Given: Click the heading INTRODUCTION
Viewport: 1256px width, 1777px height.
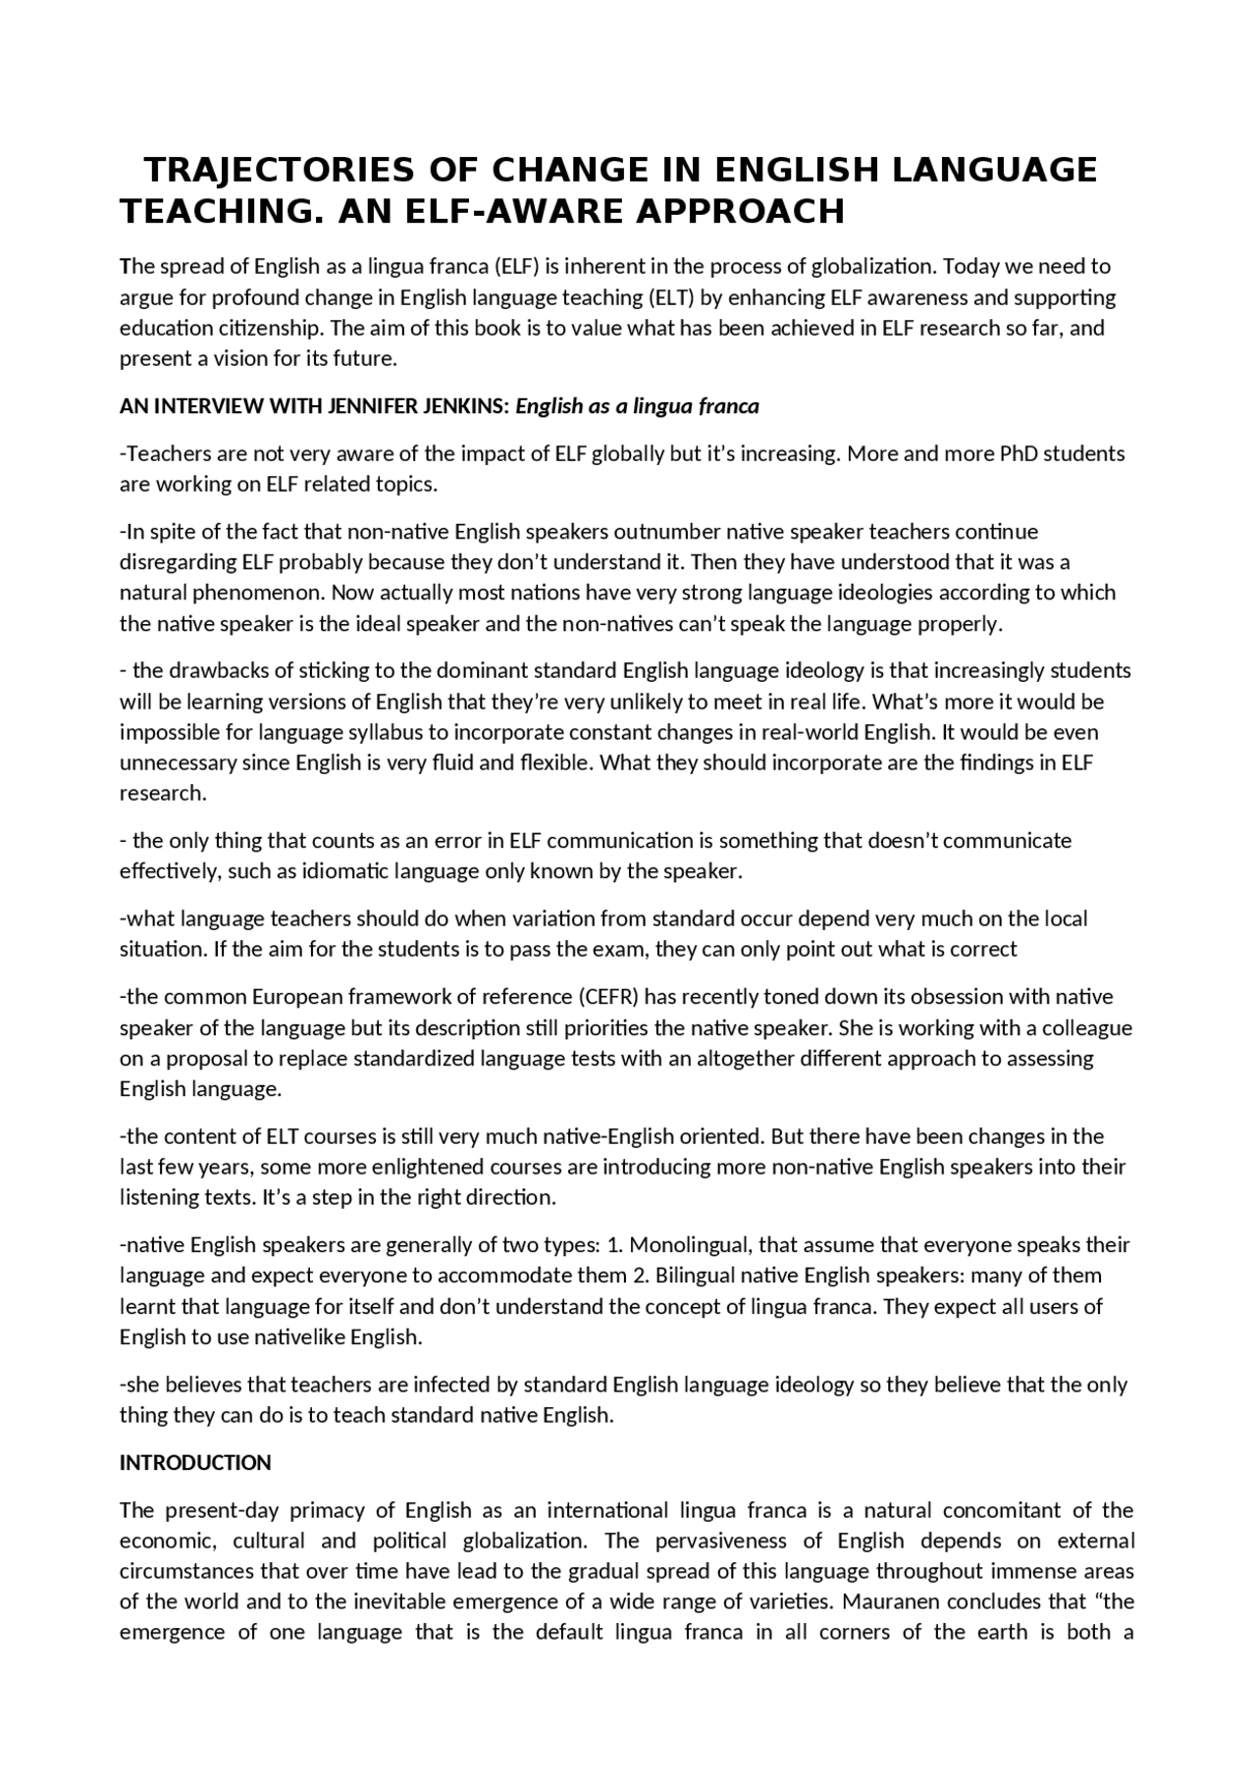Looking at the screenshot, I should pos(195,1463).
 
